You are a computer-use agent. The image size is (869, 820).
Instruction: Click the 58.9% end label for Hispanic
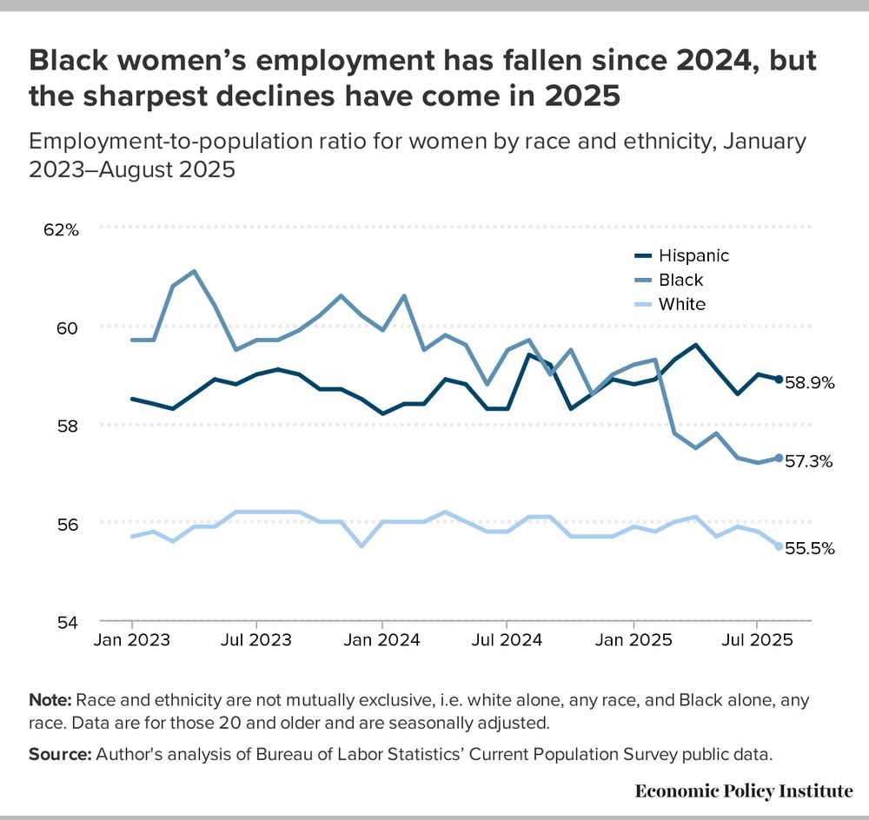pos(810,382)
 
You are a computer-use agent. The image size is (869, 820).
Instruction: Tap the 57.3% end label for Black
pos(810,461)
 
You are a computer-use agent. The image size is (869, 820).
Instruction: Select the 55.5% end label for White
pos(810,548)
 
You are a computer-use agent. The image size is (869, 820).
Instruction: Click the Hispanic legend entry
pos(693,255)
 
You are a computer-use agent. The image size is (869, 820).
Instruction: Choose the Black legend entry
pos(680,280)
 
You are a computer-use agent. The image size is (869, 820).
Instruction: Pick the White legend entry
pos(681,304)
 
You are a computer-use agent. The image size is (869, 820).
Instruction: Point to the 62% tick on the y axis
pos(62,230)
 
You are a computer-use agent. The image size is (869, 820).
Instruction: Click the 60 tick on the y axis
pos(68,327)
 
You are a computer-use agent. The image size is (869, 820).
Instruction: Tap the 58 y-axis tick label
pos(68,426)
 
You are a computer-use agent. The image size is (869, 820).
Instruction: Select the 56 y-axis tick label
pos(68,524)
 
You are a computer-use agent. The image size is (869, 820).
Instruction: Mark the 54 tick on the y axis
pos(68,622)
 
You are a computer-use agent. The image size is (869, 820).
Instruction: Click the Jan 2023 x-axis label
pos(132,640)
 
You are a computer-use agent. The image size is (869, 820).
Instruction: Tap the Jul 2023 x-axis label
pos(256,640)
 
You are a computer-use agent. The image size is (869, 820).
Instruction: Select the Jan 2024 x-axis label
pos(382,640)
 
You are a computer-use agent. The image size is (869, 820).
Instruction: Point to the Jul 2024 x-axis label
pos(507,640)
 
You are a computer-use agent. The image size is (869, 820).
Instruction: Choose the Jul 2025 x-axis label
pos(757,640)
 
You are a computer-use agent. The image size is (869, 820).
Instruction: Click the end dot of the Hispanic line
pos(778,380)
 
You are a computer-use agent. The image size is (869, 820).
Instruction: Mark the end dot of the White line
pos(778,546)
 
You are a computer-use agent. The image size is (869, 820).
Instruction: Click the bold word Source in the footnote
pos(58,755)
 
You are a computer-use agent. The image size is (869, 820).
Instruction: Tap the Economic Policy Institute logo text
pos(744,790)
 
